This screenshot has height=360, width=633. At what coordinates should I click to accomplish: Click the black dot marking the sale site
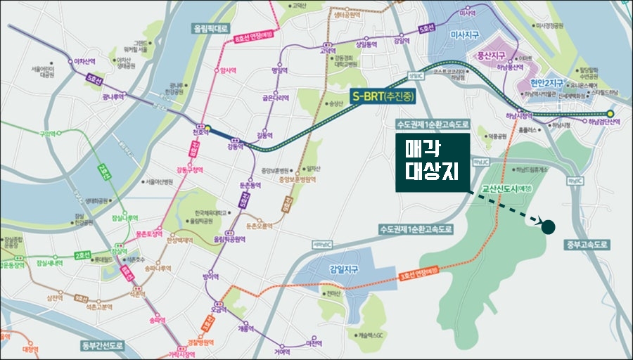click(549, 226)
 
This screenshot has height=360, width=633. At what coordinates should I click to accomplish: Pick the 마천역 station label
click(314, 344)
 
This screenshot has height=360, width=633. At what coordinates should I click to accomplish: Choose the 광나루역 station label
click(114, 98)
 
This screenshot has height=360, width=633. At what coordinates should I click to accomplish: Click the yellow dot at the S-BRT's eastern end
click(610, 112)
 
